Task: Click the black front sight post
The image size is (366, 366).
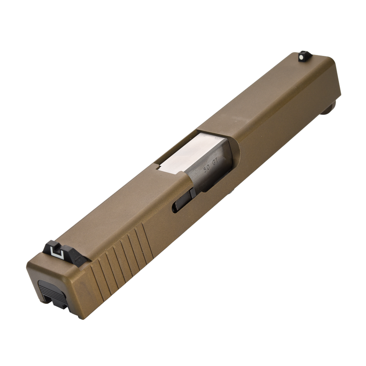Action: (304, 56)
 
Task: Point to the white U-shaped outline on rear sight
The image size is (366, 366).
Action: (56, 251)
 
